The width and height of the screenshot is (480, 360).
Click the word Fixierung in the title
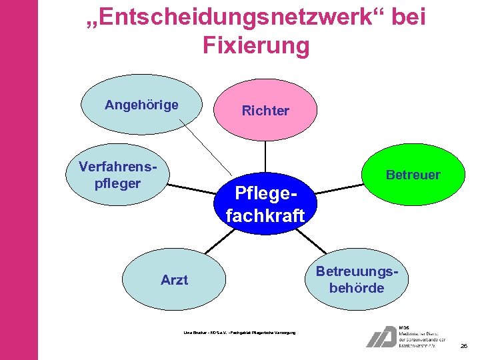255,46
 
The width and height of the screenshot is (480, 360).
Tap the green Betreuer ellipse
413,175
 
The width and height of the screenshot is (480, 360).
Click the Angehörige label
141,105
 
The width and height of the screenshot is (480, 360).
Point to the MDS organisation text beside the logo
421,337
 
